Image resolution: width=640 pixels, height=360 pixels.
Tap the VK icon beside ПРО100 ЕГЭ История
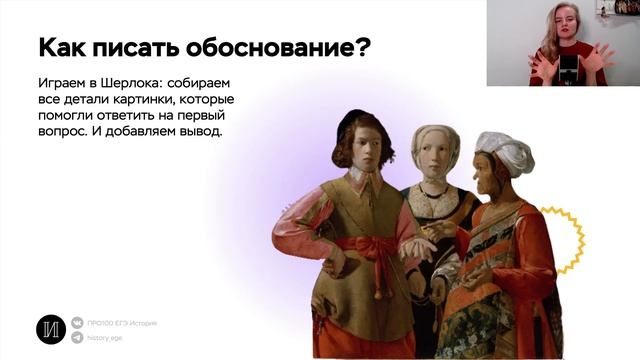79,323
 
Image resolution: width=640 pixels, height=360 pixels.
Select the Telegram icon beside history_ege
79,338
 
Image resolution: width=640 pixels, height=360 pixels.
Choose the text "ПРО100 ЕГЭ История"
123,323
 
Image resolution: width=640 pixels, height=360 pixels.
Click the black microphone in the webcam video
568,71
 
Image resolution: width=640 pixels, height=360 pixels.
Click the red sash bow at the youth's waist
378,247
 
